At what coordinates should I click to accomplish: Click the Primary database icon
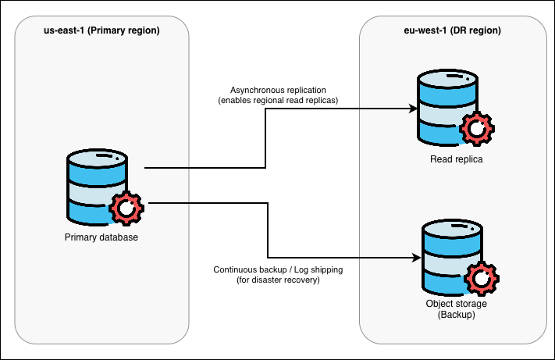point(98,187)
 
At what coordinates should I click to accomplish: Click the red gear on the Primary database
point(125,209)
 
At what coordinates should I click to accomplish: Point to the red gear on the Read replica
point(475,127)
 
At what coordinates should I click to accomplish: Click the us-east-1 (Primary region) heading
point(101,30)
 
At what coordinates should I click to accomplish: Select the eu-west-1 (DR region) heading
point(456,30)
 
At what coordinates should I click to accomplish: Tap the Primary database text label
point(101,237)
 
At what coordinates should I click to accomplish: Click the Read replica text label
point(457,159)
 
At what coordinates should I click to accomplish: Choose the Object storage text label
point(457,305)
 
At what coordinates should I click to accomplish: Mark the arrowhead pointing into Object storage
point(416,257)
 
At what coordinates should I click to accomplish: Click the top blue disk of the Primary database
point(98,166)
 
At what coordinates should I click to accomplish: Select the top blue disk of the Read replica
point(446,84)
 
